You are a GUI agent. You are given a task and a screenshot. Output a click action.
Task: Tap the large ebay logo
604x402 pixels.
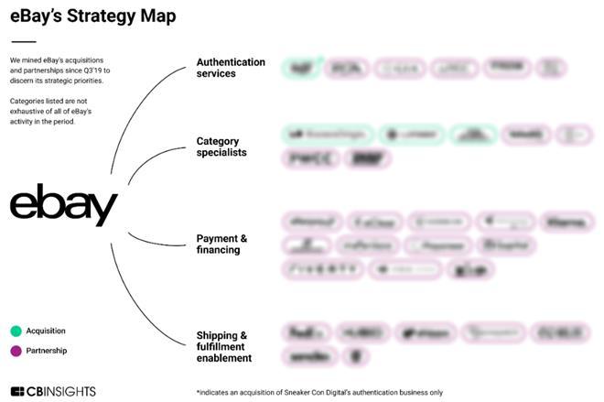pos(64,205)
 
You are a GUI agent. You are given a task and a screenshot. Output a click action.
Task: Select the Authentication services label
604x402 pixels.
pos(231,68)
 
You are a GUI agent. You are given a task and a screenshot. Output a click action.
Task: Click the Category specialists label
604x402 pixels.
pos(221,147)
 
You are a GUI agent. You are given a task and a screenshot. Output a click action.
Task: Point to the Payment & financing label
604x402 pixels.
pos(221,244)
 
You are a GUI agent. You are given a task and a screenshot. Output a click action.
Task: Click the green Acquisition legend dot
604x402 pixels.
pos(16,331)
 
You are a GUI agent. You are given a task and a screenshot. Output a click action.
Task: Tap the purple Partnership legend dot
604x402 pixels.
pos(16,350)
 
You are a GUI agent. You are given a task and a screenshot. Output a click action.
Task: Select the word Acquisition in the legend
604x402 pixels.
pos(46,331)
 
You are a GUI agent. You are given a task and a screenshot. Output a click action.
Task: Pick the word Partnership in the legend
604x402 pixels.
pos(46,350)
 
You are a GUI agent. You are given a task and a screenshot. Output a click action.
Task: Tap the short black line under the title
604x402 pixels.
pos(23,41)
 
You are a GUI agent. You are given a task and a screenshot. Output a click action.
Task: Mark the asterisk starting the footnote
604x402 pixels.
pos(198,391)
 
